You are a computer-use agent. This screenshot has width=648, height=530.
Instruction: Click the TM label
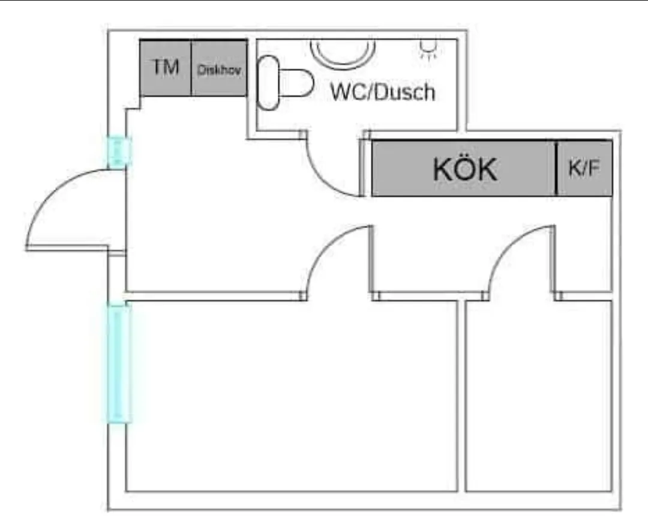(x=166, y=67)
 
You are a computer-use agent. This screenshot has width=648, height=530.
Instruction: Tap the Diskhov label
(x=220, y=70)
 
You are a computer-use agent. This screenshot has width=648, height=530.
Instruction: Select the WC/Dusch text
(x=383, y=92)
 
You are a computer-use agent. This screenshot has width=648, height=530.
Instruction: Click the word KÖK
(x=465, y=170)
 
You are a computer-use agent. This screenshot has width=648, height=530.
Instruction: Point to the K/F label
(x=584, y=169)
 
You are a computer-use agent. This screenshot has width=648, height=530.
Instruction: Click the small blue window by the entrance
(x=118, y=152)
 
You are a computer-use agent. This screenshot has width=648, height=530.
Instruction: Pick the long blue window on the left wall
(x=119, y=363)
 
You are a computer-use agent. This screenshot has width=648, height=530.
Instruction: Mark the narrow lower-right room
(x=538, y=396)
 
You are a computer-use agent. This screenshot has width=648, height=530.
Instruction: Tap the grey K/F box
(x=584, y=183)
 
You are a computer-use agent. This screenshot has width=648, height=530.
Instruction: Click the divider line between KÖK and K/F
(x=556, y=169)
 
